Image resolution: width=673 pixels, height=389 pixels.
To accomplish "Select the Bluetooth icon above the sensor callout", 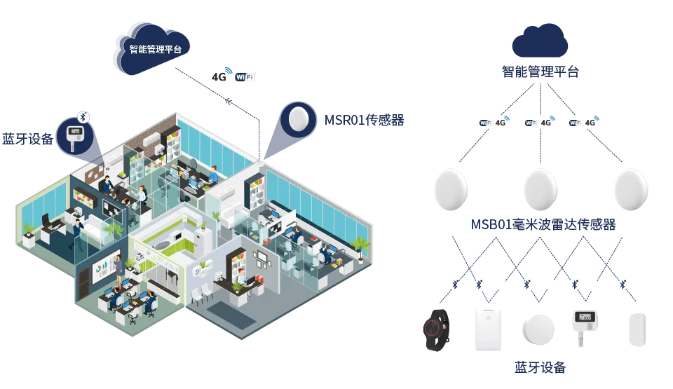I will tap(83, 116).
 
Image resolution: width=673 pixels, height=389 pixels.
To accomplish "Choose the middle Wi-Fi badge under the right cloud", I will tap(531, 123).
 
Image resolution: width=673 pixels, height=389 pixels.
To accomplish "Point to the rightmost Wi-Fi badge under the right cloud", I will tap(575, 123).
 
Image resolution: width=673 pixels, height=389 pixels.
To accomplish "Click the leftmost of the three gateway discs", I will tap(450, 187).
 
